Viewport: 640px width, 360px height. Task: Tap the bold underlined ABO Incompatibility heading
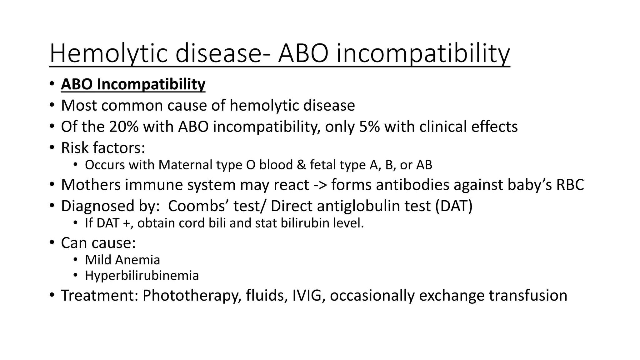(133, 84)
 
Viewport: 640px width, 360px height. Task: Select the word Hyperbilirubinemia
(142, 276)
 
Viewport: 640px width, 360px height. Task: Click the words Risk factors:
(103, 148)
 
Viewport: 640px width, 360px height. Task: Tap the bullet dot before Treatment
(52, 295)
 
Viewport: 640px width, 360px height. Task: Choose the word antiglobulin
(351, 206)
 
